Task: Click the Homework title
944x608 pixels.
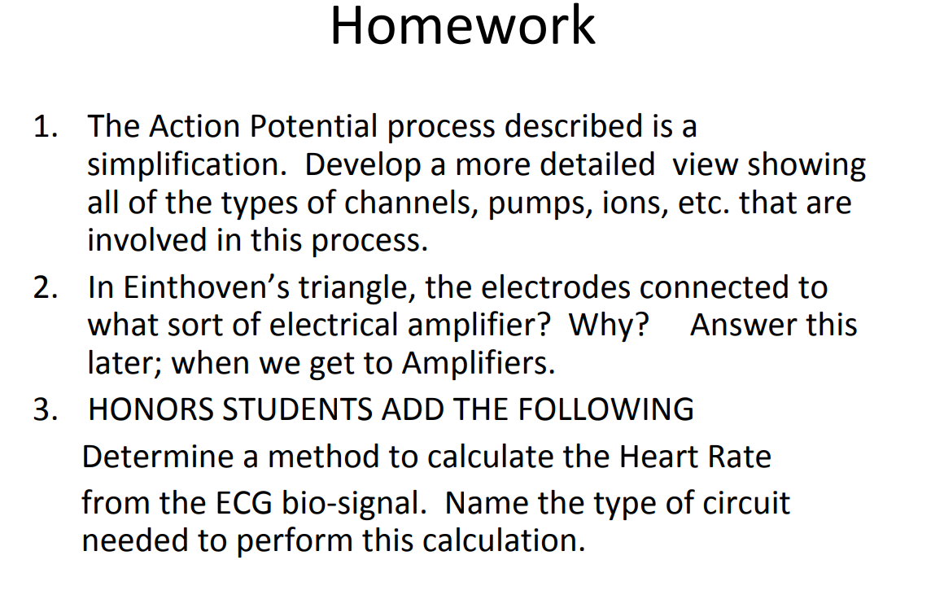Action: [x=462, y=26]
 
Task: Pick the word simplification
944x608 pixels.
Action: [x=186, y=165]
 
